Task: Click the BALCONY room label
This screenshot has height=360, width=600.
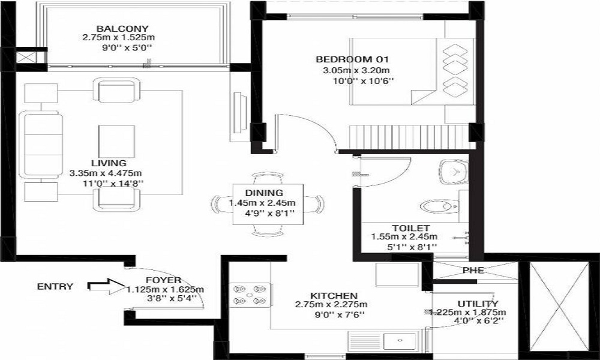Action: (122, 29)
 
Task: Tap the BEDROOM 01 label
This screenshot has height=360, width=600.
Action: (352, 59)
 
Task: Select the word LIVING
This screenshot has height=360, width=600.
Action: (109, 163)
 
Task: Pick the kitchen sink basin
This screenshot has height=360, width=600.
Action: (400, 340)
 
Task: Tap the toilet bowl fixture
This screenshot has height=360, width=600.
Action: (440, 206)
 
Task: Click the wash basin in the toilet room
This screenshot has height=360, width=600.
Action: (454, 172)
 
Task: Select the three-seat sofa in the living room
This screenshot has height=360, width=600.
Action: (41, 145)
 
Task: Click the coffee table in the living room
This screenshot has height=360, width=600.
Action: (117, 141)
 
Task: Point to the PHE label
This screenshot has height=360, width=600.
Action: (473, 271)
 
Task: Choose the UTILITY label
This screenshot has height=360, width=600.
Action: (478, 304)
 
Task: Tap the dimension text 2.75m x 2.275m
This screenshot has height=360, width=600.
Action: (331, 305)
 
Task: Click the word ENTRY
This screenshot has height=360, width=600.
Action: (55, 287)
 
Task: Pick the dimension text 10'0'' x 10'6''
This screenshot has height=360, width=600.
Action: (364, 81)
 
